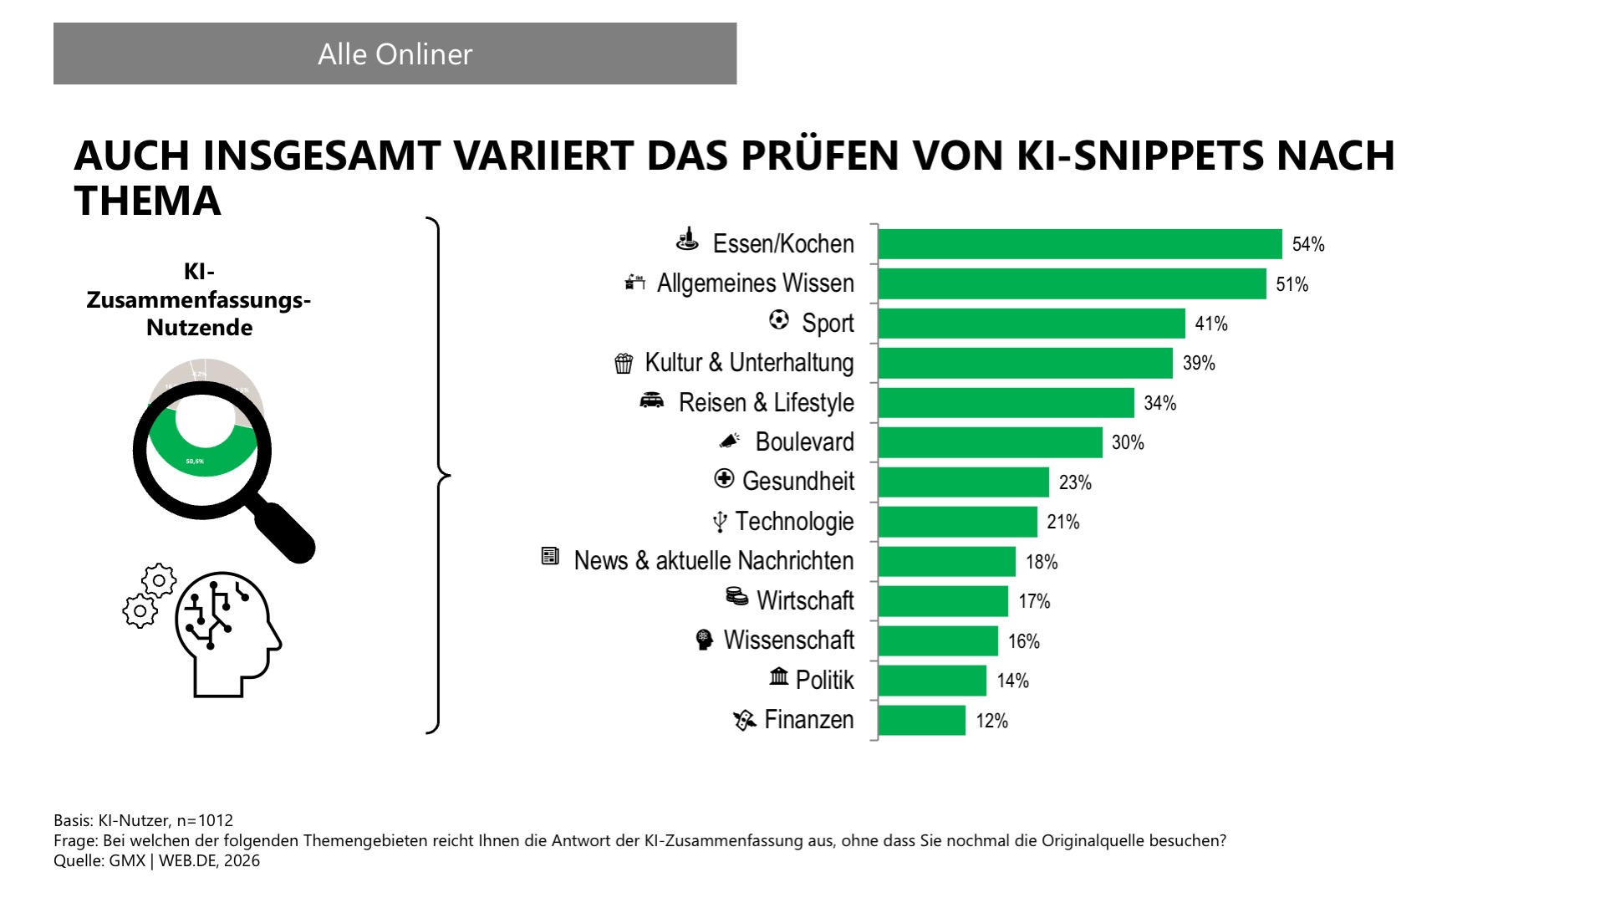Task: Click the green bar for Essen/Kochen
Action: (x=1079, y=244)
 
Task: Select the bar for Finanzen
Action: (x=921, y=721)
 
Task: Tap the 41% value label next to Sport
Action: (x=1210, y=324)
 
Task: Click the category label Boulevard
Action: (x=804, y=441)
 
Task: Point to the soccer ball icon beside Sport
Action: (x=778, y=320)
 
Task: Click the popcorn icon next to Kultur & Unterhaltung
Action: (x=624, y=363)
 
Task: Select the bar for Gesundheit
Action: (x=963, y=482)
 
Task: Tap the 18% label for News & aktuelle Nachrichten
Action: (x=1042, y=562)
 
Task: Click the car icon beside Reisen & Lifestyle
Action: (x=651, y=401)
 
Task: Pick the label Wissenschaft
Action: (x=788, y=640)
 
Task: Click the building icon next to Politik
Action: (x=778, y=676)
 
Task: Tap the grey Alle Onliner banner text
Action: (x=395, y=54)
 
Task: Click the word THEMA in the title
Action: (x=147, y=201)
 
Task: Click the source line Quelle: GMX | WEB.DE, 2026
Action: (x=156, y=860)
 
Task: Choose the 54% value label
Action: (x=1307, y=244)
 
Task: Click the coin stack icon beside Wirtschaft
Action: (x=736, y=596)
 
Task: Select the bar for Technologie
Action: (x=957, y=522)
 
